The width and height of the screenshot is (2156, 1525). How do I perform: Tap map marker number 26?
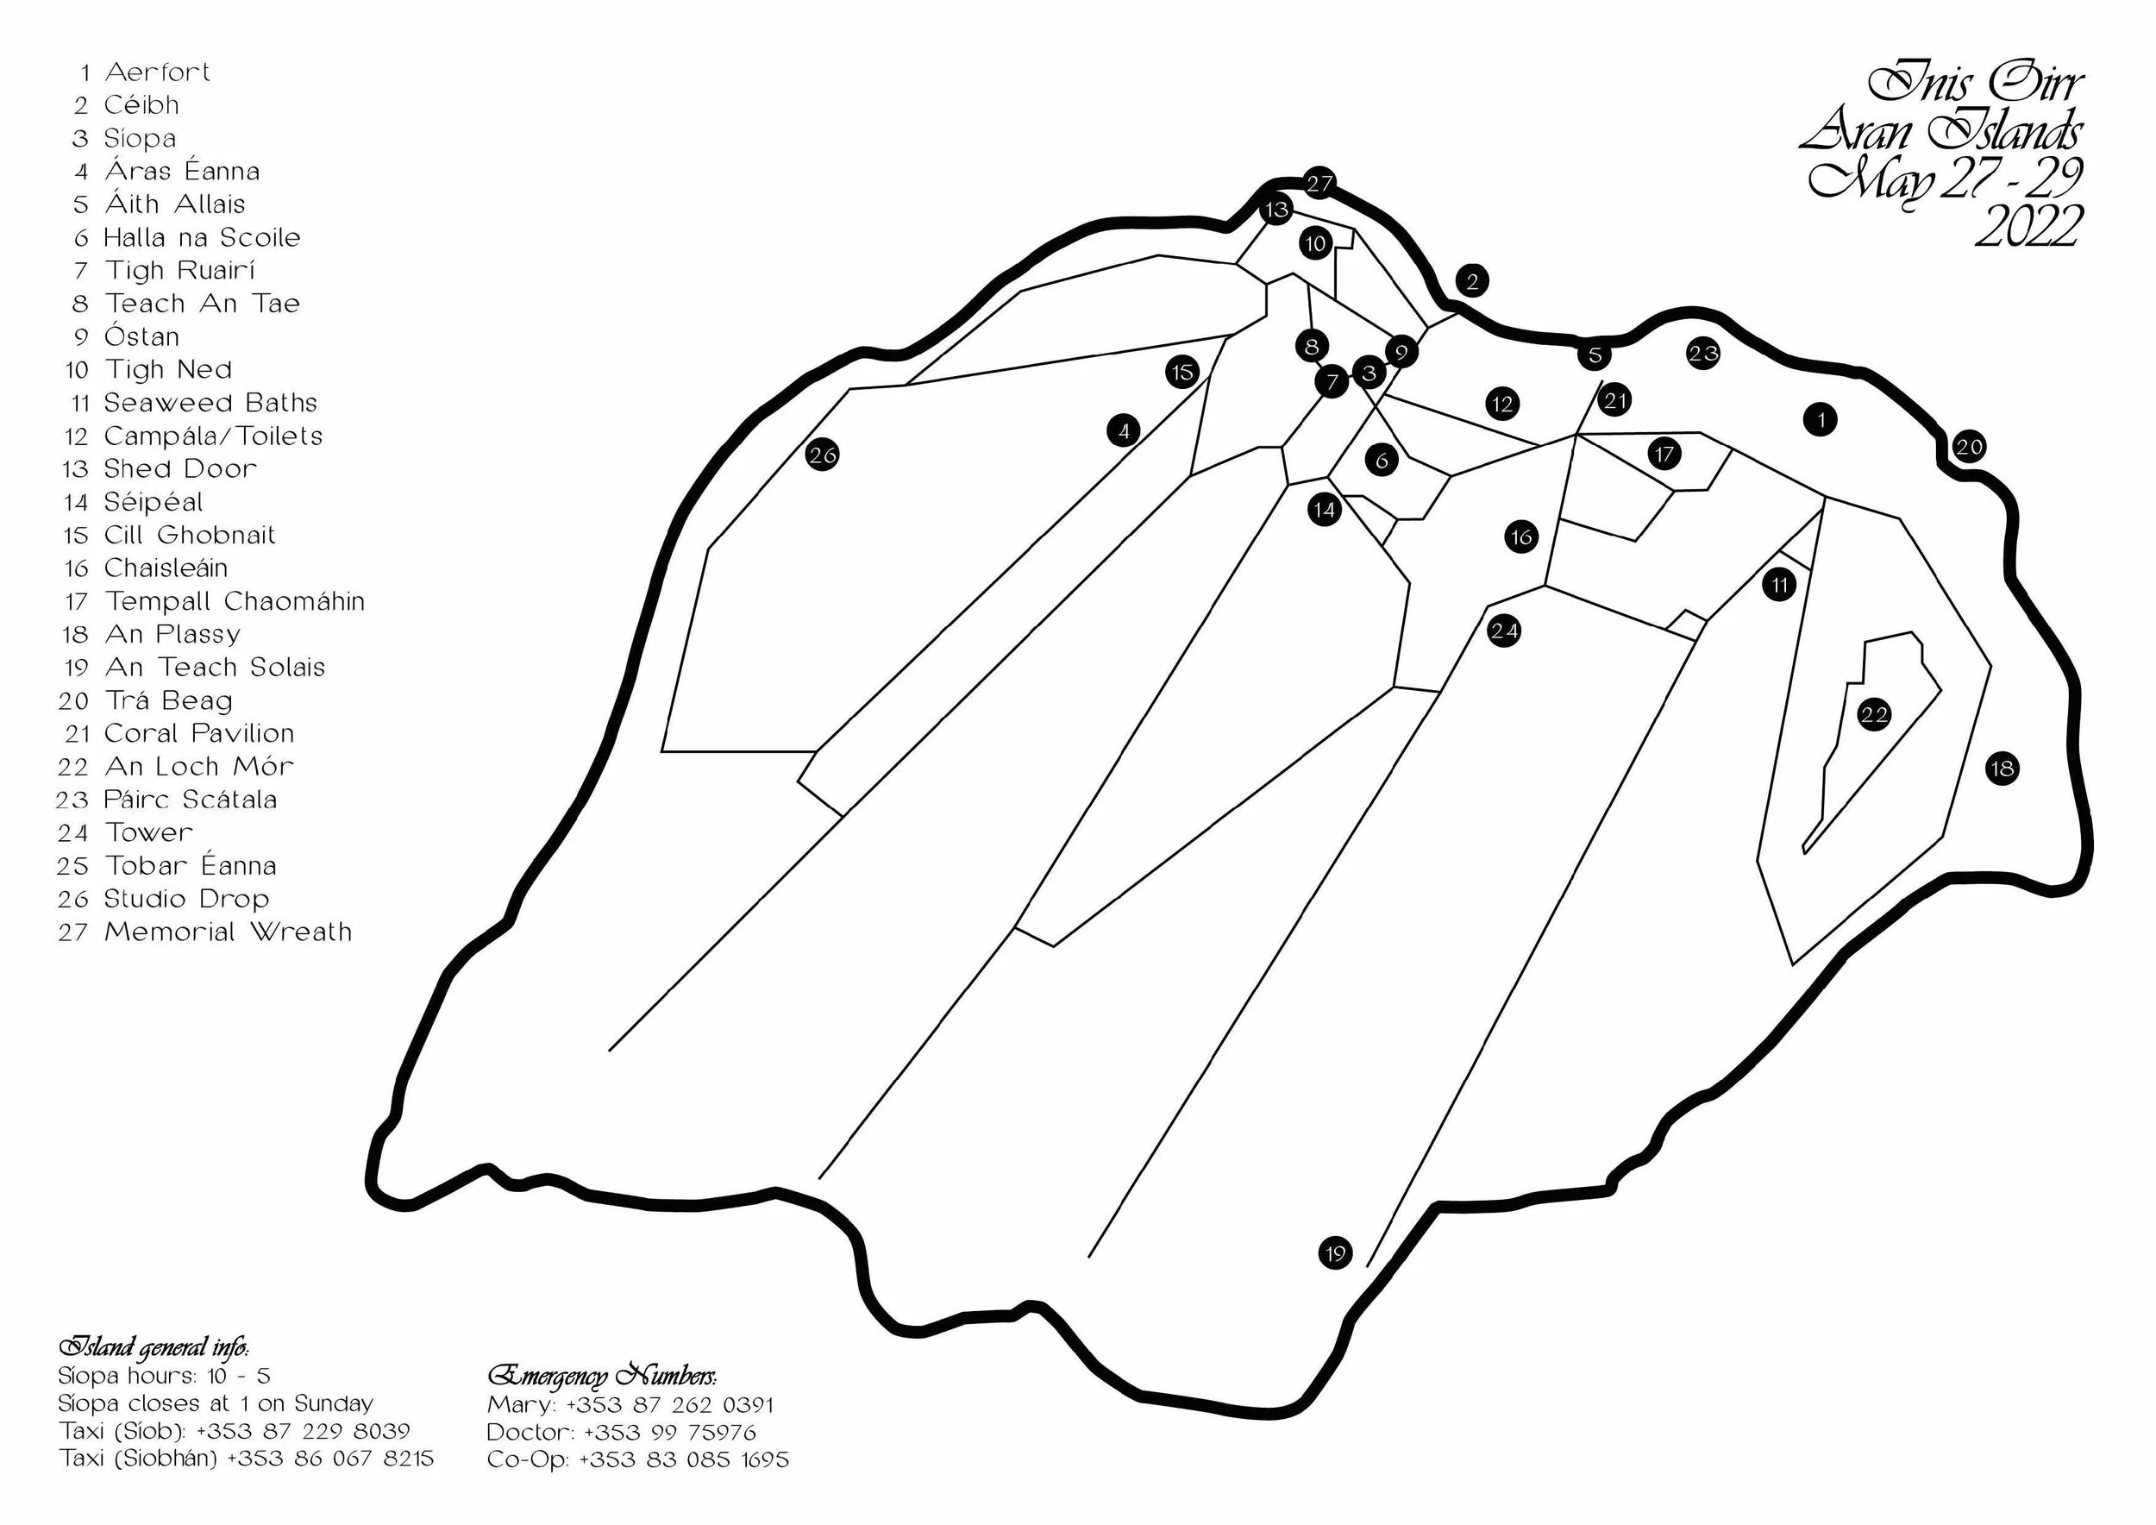823,455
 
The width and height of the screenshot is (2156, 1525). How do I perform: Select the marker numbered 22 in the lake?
1873,714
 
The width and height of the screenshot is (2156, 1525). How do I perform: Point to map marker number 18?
2002,769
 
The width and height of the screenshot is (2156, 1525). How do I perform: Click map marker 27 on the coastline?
1319,183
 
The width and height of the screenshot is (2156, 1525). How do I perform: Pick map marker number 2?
1472,281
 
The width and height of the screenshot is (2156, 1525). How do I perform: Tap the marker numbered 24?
1504,631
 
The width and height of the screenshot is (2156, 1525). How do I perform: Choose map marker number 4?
1124,431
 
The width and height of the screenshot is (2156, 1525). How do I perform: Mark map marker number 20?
1969,446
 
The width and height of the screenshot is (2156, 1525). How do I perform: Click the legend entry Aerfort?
157,72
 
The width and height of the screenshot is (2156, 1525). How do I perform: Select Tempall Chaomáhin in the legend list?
234,601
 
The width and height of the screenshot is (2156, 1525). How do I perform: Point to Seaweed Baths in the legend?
210,403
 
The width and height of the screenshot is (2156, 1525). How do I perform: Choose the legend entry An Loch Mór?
199,766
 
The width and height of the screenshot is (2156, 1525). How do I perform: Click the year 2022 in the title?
2028,227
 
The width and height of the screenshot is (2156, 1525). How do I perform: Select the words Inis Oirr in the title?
1976,85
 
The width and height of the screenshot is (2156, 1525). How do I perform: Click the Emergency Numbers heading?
602,1376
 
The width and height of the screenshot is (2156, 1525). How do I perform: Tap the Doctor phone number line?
621,1432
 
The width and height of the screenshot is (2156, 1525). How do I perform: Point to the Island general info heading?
153,1347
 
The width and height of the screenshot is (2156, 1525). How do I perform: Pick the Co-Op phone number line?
637,1459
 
